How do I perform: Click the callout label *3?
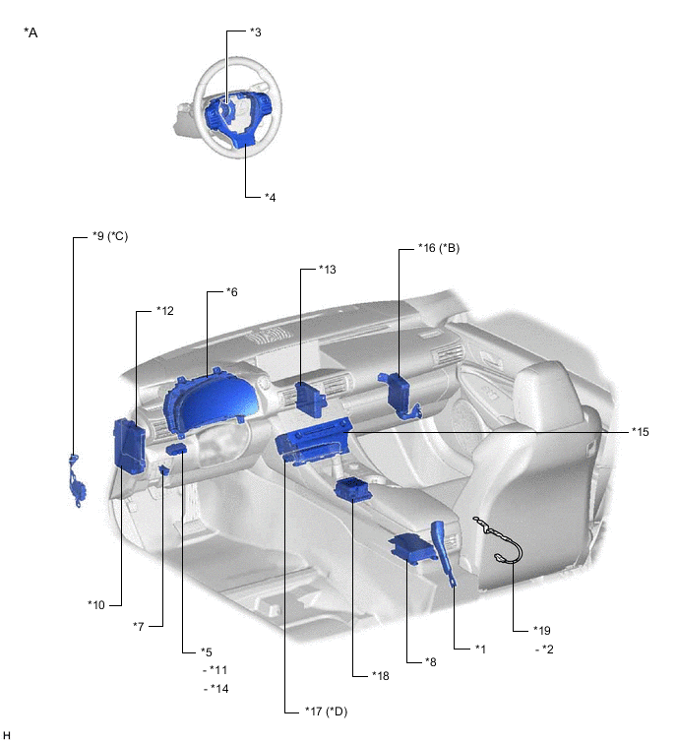(x=256, y=32)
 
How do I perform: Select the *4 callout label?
(x=270, y=197)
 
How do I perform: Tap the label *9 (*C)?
(x=110, y=236)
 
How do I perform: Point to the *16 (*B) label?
(x=439, y=248)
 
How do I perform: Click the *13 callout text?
(x=328, y=269)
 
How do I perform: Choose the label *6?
(x=231, y=292)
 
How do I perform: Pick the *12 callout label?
(x=165, y=311)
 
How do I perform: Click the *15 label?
(x=640, y=432)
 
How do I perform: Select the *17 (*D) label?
(x=326, y=712)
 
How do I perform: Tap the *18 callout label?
(x=381, y=676)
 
